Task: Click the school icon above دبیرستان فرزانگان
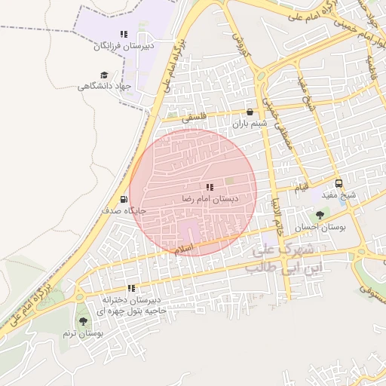coord(124,35)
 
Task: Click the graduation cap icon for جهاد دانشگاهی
coord(103,75)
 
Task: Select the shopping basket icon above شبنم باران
coord(250,112)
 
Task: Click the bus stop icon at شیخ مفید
coord(339,182)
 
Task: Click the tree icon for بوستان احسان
coord(320,215)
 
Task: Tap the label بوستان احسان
coord(319,227)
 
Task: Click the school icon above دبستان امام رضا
coord(209,186)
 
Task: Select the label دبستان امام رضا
coord(209,198)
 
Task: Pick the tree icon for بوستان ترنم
coord(83,320)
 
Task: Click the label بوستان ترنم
coord(83,332)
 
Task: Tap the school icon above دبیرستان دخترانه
coord(131,288)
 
